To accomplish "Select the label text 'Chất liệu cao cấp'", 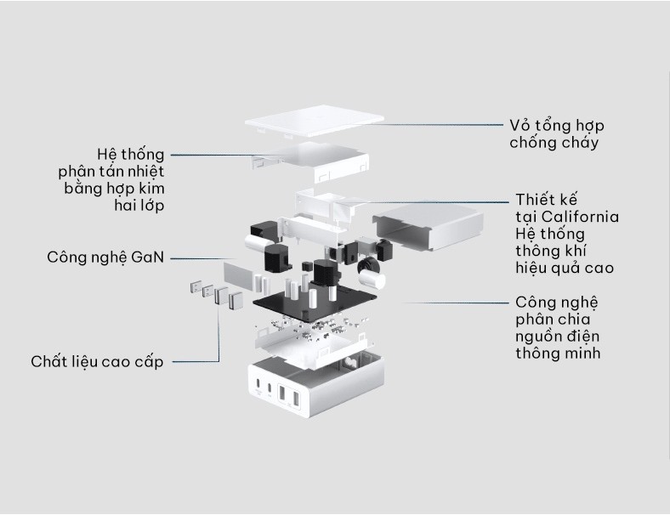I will coord(97,362).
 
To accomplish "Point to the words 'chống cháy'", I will coord(554,143).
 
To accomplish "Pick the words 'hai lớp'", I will coord(139,205).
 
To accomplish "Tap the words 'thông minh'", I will coord(557,353).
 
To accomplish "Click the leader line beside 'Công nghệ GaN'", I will coord(204,257).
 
